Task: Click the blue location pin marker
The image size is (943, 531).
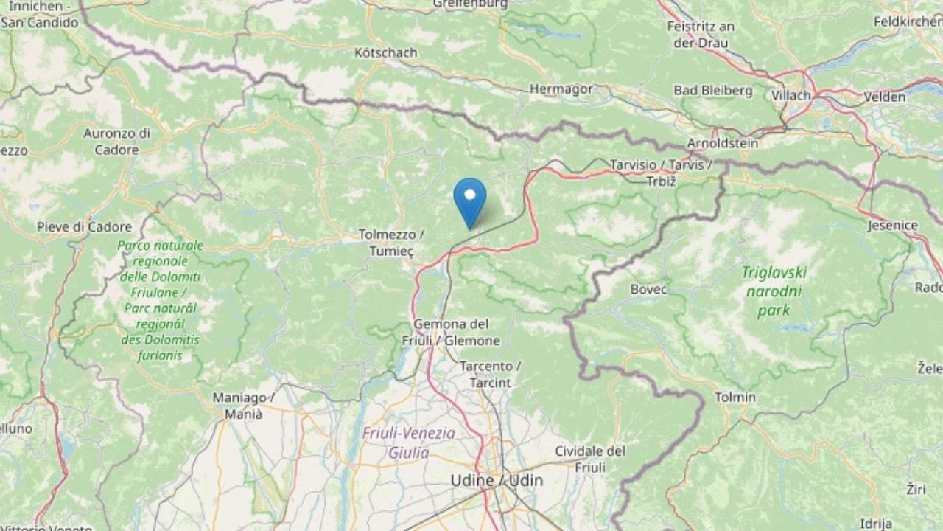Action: pyautogui.click(x=469, y=198)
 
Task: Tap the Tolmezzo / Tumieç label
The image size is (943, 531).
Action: pyautogui.click(x=390, y=243)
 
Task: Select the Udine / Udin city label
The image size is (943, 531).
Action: pyautogui.click(x=497, y=481)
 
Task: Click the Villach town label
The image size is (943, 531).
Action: pyautogui.click(x=790, y=95)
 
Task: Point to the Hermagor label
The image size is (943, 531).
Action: pyautogui.click(x=561, y=89)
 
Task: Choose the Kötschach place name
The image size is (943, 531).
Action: pyautogui.click(x=385, y=53)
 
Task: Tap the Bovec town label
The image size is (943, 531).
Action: pyautogui.click(x=648, y=289)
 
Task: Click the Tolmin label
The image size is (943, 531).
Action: pyautogui.click(x=735, y=398)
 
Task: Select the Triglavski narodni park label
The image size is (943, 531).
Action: pyautogui.click(x=775, y=291)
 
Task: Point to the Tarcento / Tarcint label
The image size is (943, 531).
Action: pyautogui.click(x=490, y=374)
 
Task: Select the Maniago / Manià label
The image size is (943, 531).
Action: pyautogui.click(x=244, y=406)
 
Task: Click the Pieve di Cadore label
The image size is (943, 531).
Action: pyautogui.click(x=84, y=227)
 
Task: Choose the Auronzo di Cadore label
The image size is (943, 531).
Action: pyautogui.click(x=116, y=142)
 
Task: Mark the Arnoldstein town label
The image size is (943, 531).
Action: pyautogui.click(x=722, y=143)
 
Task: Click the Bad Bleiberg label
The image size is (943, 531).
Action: pyautogui.click(x=712, y=91)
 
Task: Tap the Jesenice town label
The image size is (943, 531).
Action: pyautogui.click(x=893, y=225)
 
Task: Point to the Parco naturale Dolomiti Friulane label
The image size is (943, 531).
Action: pyautogui.click(x=160, y=300)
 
